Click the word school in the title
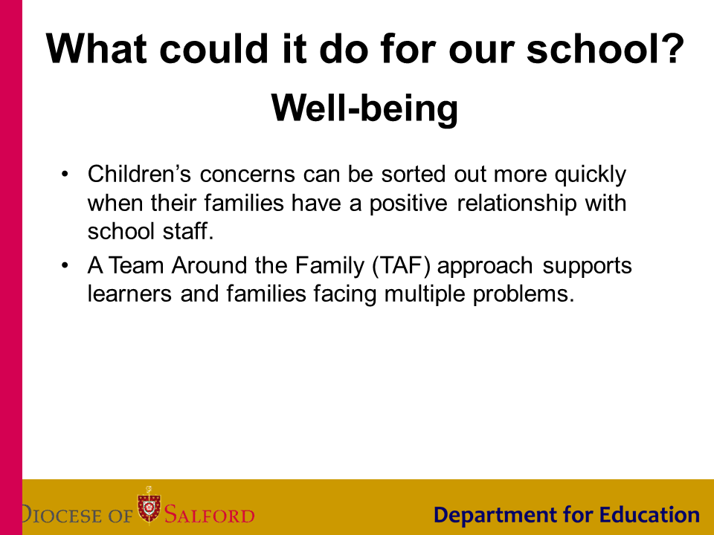tap(588, 48)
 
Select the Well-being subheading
tap(364, 108)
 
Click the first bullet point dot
tap(65, 174)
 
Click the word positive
tap(408, 204)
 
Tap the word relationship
tap(517, 204)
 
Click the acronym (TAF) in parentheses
tap(401, 266)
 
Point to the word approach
tap(485, 267)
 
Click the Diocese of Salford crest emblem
tap(149, 505)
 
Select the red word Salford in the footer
tap(210, 515)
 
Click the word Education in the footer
tap(649, 514)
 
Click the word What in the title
tap(97, 48)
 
